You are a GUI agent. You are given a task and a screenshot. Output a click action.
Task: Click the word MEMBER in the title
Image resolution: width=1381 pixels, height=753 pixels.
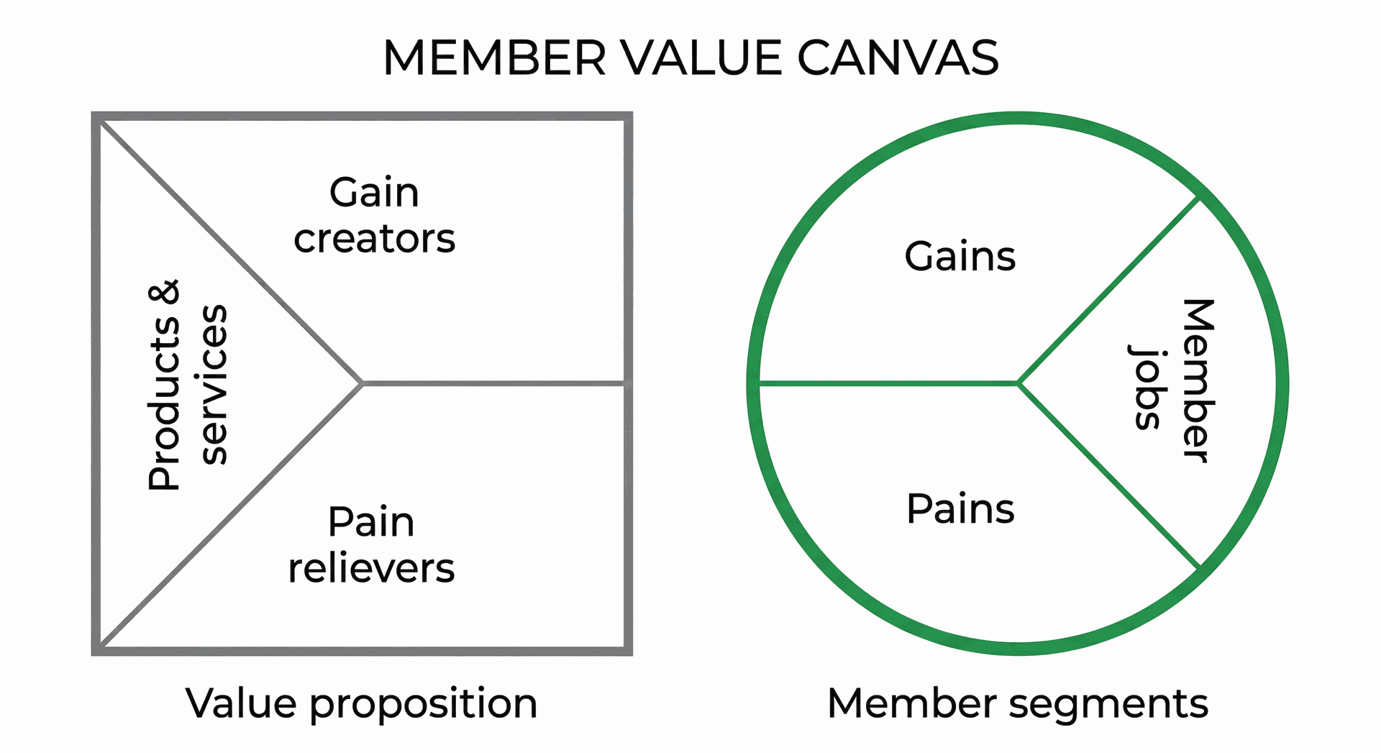(x=494, y=58)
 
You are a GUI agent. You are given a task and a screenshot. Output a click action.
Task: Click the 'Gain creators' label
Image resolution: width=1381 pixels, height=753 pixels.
(x=374, y=215)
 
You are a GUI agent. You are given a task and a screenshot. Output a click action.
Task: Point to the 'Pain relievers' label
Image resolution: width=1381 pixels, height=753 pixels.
(x=371, y=544)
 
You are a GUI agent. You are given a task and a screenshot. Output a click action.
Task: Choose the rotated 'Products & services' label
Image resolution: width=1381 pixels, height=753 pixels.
(x=187, y=385)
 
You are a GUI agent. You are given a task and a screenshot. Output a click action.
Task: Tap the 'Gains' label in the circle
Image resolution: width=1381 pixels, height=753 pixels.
(x=960, y=257)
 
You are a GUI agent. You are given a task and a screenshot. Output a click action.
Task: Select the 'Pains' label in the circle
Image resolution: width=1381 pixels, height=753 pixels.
(x=960, y=509)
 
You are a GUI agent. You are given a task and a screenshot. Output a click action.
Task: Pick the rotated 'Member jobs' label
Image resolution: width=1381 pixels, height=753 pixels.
(x=1172, y=381)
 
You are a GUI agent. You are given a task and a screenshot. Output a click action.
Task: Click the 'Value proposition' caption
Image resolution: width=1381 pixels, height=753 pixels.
(x=361, y=703)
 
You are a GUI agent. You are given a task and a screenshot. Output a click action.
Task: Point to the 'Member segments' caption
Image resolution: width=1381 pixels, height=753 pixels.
(x=1017, y=703)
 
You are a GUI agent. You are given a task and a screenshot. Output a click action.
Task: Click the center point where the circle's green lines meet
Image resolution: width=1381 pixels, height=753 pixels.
(x=1018, y=383)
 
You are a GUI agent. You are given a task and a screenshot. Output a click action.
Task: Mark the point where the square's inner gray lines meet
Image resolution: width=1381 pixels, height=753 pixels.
(x=362, y=383)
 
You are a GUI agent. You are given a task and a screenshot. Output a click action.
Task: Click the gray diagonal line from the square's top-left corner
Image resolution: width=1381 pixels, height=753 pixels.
(x=230, y=252)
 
